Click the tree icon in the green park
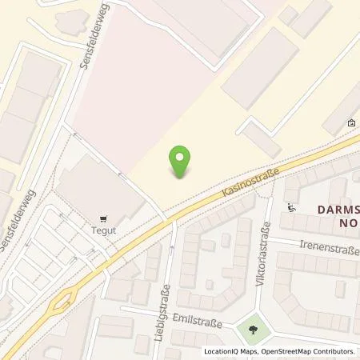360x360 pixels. click(x=253, y=328)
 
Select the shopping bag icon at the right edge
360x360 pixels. click(x=351, y=123)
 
